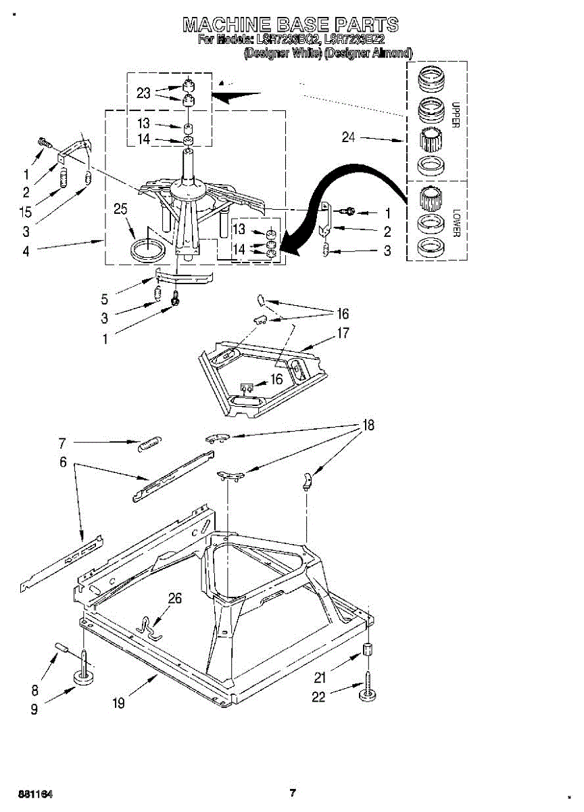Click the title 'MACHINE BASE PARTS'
(291, 26)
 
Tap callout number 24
(348, 137)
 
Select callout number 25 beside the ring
(120, 209)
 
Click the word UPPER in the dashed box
(455, 114)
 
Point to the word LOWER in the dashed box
(455, 222)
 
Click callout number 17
(343, 333)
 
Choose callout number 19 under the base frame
(118, 703)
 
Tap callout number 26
(174, 597)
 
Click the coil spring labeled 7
(148, 444)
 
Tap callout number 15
(26, 211)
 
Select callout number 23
(143, 93)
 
